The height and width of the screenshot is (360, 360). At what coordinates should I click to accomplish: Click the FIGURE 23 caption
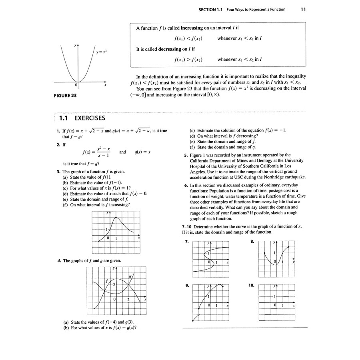click(65, 96)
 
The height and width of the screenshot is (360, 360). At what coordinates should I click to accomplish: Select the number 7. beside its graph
click(187, 242)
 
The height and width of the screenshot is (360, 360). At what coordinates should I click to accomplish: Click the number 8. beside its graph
click(252, 242)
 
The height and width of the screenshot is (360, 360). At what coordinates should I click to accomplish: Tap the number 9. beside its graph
click(187, 286)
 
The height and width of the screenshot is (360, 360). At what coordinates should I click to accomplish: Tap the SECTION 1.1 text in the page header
click(210, 9)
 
